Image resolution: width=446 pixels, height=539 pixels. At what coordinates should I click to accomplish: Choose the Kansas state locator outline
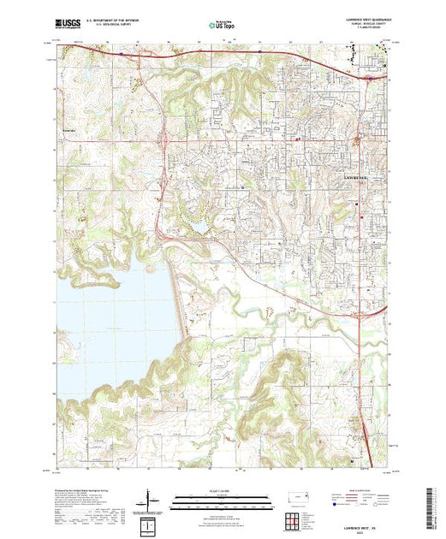[x=304, y=498]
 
